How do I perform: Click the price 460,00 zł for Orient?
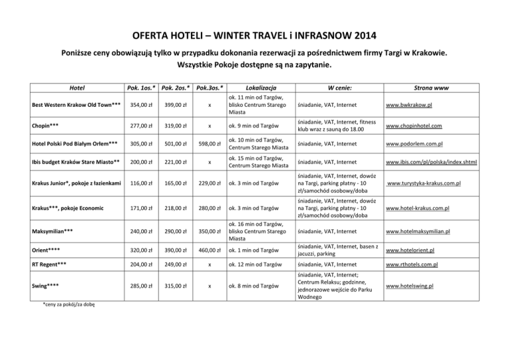pyautogui.click(x=209, y=251)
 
